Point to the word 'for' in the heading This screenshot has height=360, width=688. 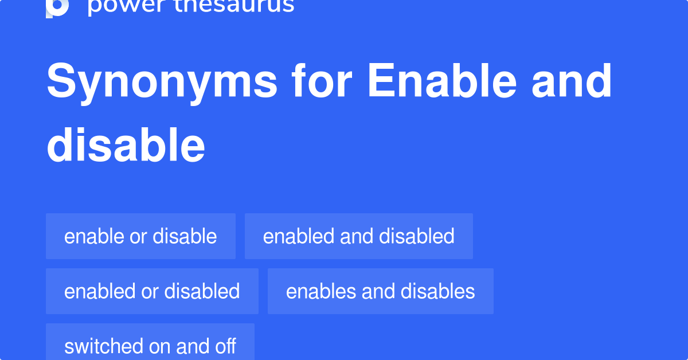(321, 82)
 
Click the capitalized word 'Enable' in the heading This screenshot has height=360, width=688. (442, 82)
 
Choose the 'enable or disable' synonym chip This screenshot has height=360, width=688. (140, 236)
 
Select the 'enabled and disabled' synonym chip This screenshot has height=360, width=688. (358, 236)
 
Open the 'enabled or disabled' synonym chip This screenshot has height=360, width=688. (152, 291)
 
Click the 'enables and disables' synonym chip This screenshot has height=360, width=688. (380, 291)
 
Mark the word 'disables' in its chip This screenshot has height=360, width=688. (438, 291)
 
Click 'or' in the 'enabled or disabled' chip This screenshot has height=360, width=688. (150, 291)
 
